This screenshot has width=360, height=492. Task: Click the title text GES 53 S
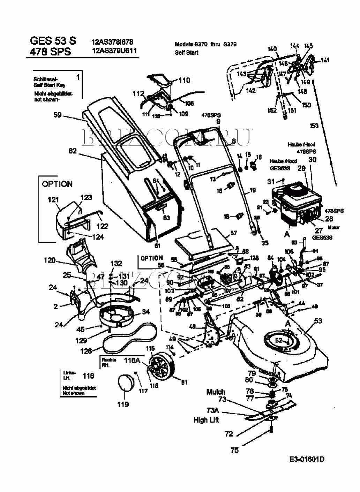point(53,40)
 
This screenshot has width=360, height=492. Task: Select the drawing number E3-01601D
point(307,459)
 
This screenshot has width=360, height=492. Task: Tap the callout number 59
point(58,115)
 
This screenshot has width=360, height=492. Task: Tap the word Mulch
point(216,392)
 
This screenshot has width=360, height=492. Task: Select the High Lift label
point(206,420)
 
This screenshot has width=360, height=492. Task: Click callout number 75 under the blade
point(235,450)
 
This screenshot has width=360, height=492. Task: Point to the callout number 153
point(314,126)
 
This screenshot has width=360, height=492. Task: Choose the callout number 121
point(53,199)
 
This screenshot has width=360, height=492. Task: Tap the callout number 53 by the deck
point(318,321)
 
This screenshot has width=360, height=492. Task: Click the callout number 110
point(184,80)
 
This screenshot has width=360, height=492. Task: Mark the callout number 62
point(73,151)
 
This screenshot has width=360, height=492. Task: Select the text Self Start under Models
point(187,53)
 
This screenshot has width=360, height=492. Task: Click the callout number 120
point(50,260)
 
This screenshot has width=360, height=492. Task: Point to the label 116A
point(132,361)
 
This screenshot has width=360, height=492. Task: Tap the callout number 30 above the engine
point(313,159)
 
